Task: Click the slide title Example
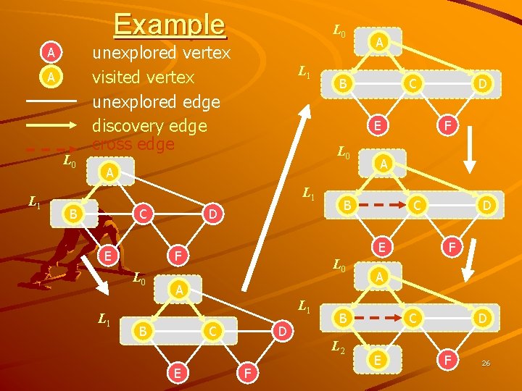170,24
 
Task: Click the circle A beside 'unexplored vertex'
50,52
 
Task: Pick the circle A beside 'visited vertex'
50,76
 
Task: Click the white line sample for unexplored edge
51,101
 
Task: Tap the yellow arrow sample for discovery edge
51,125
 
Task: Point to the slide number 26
486,363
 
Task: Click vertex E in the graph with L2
376,358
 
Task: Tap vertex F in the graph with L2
448,358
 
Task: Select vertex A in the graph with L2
378,277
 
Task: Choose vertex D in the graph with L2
482,317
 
